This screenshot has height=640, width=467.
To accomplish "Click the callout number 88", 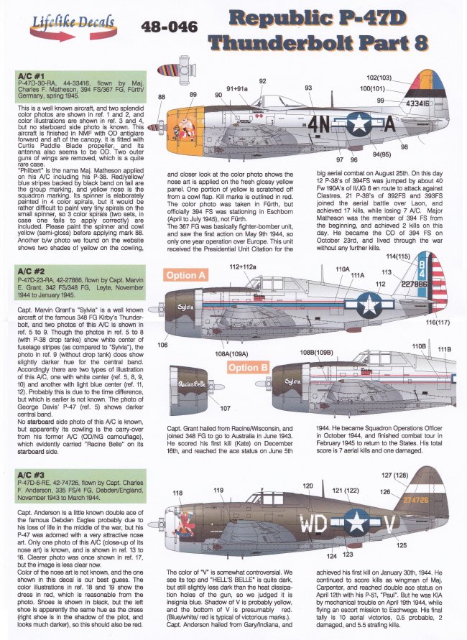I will pyautogui.click(x=162, y=96).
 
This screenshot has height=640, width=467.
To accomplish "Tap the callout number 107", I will pyautogui.click(x=224, y=409).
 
